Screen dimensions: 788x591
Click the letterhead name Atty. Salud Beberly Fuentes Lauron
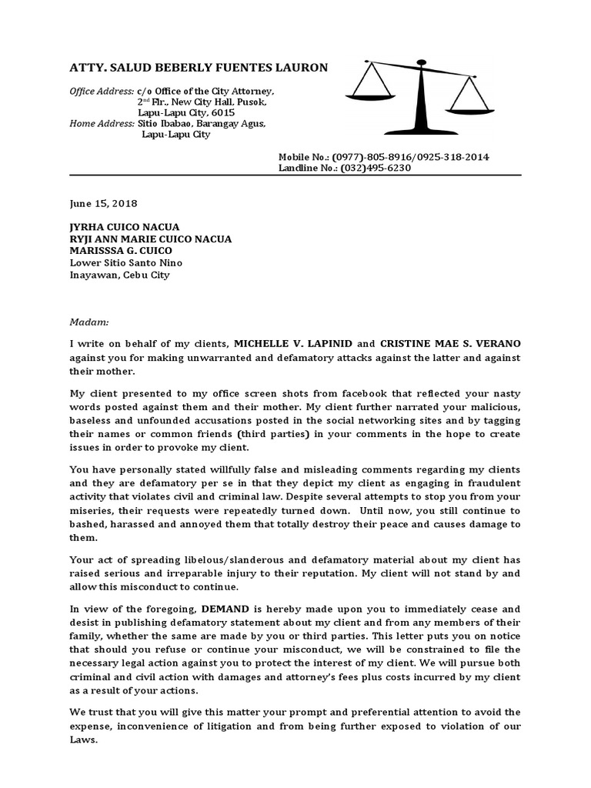pyautogui.click(x=199, y=68)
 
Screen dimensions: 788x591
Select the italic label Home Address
pyautogui.click(x=102, y=123)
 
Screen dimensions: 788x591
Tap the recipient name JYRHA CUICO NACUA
pyautogui.click(x=125, y=227)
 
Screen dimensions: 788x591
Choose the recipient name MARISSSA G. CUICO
pyautogui.click(x=121, y=250)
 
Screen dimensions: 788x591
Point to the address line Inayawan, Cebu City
pyautogui.click(x=119, y=274)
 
